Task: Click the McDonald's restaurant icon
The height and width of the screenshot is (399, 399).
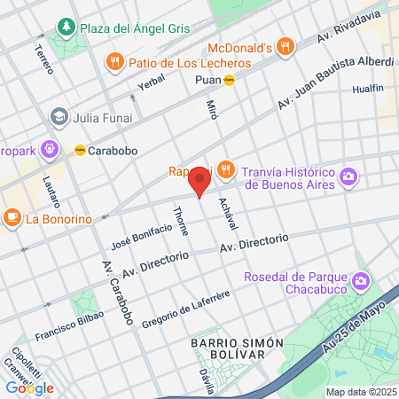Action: pyautogui.click(x=284, y=46)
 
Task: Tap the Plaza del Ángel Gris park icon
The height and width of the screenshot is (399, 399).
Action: pyautogui.click(x=66, y=28)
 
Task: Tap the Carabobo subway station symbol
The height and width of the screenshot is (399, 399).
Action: pyautogui.click(x=80, y=150)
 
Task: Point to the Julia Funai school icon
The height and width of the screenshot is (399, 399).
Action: pyautogui.click(x=59, y=117)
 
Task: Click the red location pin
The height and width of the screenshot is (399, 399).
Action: pyautogui.click(x=199, y=184)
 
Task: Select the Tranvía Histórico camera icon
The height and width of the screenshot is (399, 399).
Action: pyautogui.click(x=349, y=177)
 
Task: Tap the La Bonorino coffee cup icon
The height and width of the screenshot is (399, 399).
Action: pyautogui.click(x=12, y=217)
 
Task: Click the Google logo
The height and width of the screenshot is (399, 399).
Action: pyautogui.click(x=29, y=387)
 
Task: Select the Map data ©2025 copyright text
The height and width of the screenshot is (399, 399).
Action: pyautogui.click(x=360, y=392)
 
